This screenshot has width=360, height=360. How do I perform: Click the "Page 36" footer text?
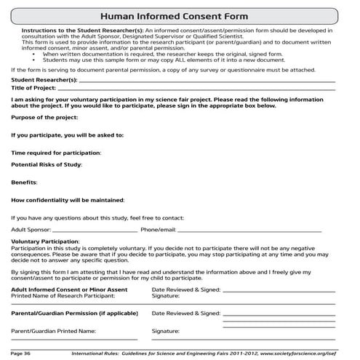[21, 353]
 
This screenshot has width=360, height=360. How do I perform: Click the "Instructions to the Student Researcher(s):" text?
[66, 31]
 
